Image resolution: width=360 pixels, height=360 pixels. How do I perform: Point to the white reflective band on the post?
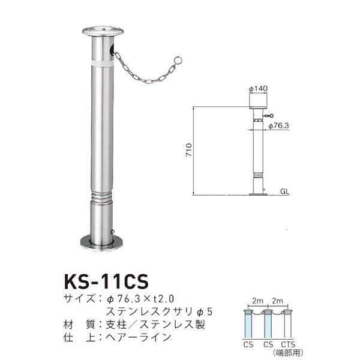[102, 60]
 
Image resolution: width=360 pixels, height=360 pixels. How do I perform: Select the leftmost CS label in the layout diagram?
[248, 344]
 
